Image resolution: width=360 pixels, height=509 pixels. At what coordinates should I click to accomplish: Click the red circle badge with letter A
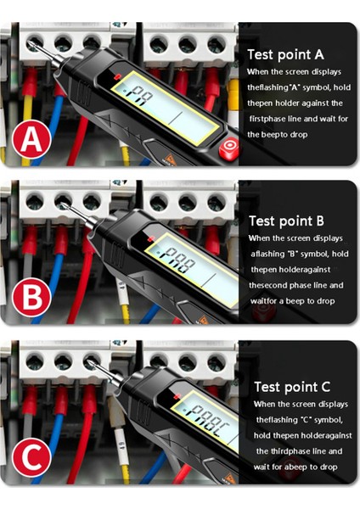pyautogui.click(x=31, y=139)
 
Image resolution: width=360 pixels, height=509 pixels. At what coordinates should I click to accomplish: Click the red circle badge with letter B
pyautogui.click(x=31, y=297)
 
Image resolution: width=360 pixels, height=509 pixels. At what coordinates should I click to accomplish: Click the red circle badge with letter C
pyautogui.click(x=31, y=457)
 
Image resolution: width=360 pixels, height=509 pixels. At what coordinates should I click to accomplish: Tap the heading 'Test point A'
pyautogui.click(x=285, y=55)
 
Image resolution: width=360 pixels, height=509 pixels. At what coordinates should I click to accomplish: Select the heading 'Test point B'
pyautogui.click(x=287, y=221)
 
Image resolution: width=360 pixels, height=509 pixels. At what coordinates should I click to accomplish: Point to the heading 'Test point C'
pyautogui.click(x=292, y=387)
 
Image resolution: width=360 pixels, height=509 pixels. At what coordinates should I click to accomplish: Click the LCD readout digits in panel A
pyautogui.click(x=140, y=96)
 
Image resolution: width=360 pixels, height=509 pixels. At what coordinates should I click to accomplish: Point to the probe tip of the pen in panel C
pyautogui.click(x=88, y=361)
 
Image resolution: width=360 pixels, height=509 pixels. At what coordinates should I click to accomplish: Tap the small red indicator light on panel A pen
pyautogui.click(x=118, y=77)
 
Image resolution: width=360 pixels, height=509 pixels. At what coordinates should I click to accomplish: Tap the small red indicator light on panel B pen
pyautogui.click(x=151, y=239)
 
